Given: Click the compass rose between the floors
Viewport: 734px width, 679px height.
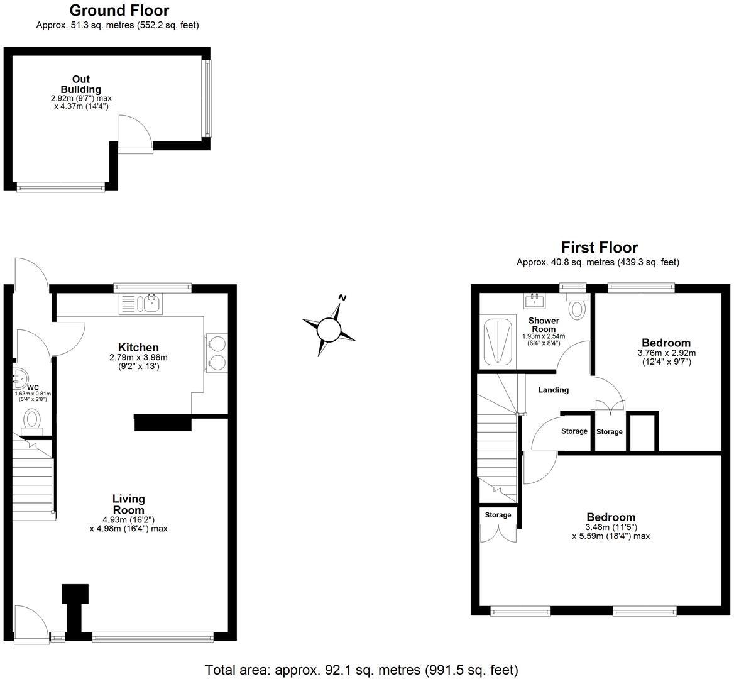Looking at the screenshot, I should click(x=329, y=328).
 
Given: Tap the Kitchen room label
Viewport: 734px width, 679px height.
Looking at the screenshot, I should click(x=138, y=347).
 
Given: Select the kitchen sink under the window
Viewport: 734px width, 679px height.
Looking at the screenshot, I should click(x=151, y=304).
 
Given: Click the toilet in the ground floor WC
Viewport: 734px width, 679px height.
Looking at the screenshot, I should click(x=31, y=419).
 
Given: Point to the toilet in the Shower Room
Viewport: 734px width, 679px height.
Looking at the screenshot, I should click(x=577, y=308).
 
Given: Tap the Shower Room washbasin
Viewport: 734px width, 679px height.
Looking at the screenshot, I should click(x=535, y=301).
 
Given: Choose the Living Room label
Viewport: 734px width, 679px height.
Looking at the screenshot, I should click(x=129, y=504).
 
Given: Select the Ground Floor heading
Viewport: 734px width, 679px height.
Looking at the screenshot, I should click(x=119, y=11).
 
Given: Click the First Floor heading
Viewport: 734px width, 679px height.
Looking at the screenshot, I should click(x=599, y=248).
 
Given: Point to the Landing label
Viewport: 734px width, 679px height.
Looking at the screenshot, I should click(x=553, y=390).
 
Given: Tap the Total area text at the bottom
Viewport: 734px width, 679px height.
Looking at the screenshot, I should click(x=361, y=670).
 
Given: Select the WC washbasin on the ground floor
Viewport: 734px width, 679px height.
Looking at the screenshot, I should click(x=18, y=379).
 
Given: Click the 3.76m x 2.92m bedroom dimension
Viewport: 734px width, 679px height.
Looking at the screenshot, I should click(x=666, y=353).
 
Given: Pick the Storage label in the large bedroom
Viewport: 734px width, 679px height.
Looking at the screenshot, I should click(x=498, y=515).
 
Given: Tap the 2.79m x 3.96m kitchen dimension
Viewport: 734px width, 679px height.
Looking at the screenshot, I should click(x=138, y=357).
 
